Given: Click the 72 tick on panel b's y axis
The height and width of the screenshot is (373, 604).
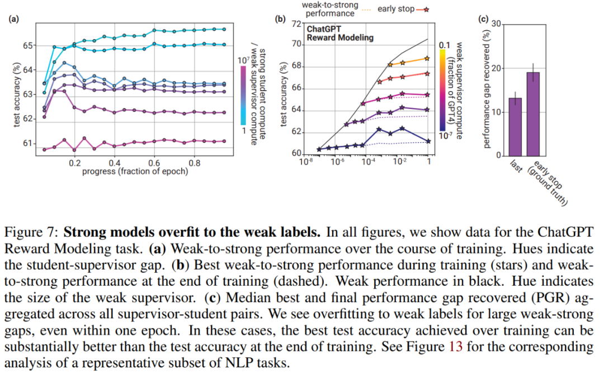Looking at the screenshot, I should [x=295, y=23].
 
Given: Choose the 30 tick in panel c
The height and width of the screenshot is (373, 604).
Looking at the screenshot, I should [x=496, y=24].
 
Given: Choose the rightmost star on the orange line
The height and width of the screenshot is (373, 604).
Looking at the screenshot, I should [x=427, y=58].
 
